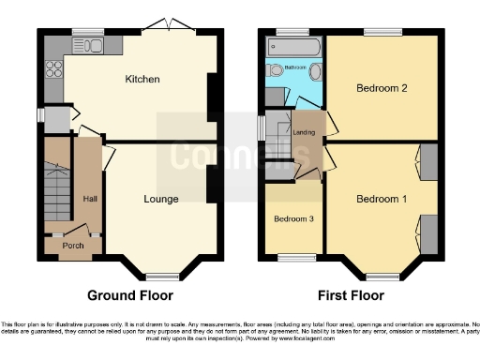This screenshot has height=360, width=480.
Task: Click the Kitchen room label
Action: click(x=142, y=79)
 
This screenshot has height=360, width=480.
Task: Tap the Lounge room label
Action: click(x=161, y=199)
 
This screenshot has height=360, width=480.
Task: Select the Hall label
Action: click(x=90, y=199)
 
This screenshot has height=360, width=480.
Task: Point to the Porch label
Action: click(x=73, y=247)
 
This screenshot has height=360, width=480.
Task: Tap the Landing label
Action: click(x=305, y=132)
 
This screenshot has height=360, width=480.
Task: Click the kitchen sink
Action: click(x=91, y=42)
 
